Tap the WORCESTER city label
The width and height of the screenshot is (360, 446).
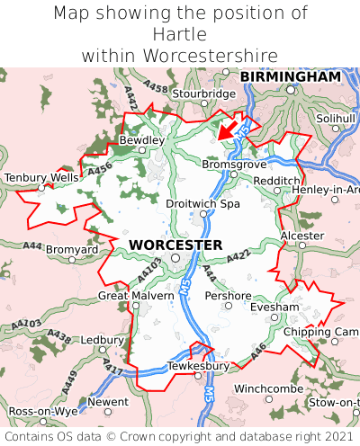(x=175, y=245)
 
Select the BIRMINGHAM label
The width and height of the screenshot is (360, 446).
(x=291, y=77)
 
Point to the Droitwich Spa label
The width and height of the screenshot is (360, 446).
(x=203, y=204)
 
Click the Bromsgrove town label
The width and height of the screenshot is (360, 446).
(x=234, y=165)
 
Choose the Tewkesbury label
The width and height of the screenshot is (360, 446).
(x=199, y=366)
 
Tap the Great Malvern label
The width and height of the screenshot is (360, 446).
(x=136, y=295)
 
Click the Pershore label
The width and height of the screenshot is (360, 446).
(x=228, y=295)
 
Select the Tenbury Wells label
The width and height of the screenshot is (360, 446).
(x=41, y=178)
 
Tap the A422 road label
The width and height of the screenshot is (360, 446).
(x=237, y=259)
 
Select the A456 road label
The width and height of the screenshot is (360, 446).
(x=100, y=167)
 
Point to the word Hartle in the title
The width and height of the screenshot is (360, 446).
(x=180, y=34)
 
